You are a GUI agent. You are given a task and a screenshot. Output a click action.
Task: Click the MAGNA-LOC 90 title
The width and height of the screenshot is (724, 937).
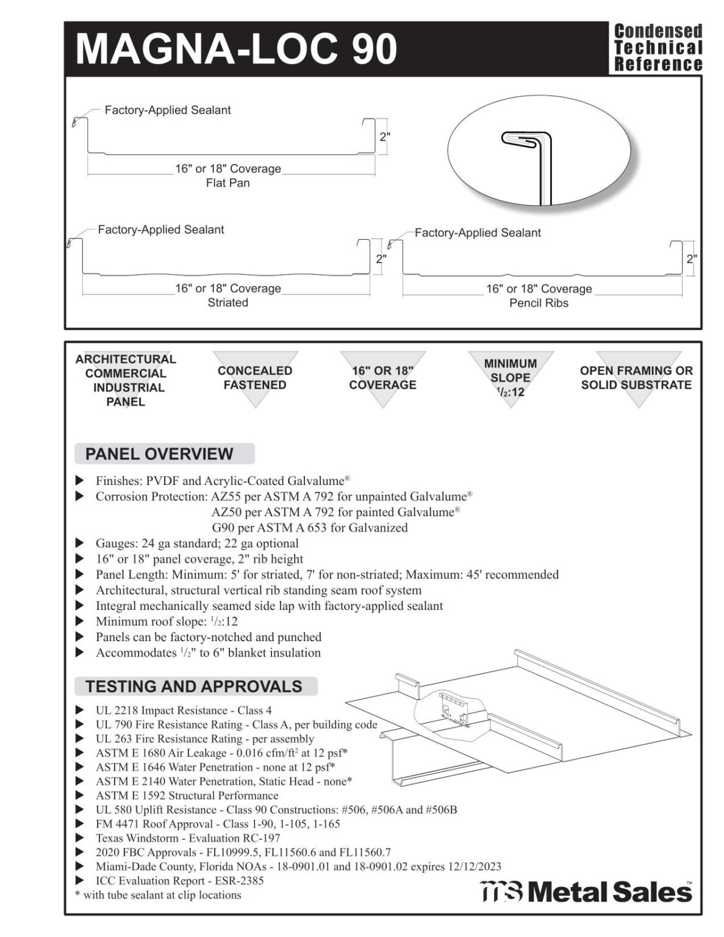pyautogui.click(x=236, y=49)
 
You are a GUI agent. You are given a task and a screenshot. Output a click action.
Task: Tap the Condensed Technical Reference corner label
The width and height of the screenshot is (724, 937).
pyautogui.click(x=658, y=48)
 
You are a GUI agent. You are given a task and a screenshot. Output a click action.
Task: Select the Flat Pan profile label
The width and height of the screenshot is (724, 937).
pyautogui.click(x=228, y=183)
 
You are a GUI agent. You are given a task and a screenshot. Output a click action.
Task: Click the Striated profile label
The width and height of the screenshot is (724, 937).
pyautogui.click(x=228, y=303)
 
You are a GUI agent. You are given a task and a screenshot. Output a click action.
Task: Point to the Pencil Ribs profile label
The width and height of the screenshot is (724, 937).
pyautogui.click(x=539, y=303)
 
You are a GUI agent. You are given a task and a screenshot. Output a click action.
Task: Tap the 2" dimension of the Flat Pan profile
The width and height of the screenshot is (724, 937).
pyautogui.click(x=385, y=137)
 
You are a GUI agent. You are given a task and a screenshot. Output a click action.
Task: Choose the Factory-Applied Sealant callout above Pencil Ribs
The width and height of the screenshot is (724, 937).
pyautogui.click(x=478, y=232)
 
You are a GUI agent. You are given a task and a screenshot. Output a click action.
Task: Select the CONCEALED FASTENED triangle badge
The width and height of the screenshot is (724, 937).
pyautogui.click(x=255, y=378)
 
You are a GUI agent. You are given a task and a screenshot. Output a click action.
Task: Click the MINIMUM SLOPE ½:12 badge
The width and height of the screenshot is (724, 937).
pyautogui.click(x=511, y=378)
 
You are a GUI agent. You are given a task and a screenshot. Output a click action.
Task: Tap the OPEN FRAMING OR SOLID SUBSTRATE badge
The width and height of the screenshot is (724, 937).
pyautogui.click(x=636, y=378)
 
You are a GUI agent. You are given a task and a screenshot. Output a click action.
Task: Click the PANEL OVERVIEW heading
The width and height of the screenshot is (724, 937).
pyautogui.click(x=159, y=454)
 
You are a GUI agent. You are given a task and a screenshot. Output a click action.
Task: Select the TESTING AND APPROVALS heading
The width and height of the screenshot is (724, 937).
pyautogui.click(x=193, y=686)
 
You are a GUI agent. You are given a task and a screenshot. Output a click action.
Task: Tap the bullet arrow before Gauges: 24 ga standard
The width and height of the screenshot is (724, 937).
pyautogui.click(x=80, y=543)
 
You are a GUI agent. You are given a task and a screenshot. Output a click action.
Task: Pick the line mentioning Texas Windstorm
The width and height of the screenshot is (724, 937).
pyautogui.click(x=188, y=838)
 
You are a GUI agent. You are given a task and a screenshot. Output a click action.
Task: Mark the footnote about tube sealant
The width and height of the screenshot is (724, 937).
pyautogui.click(x=158, y=895)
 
